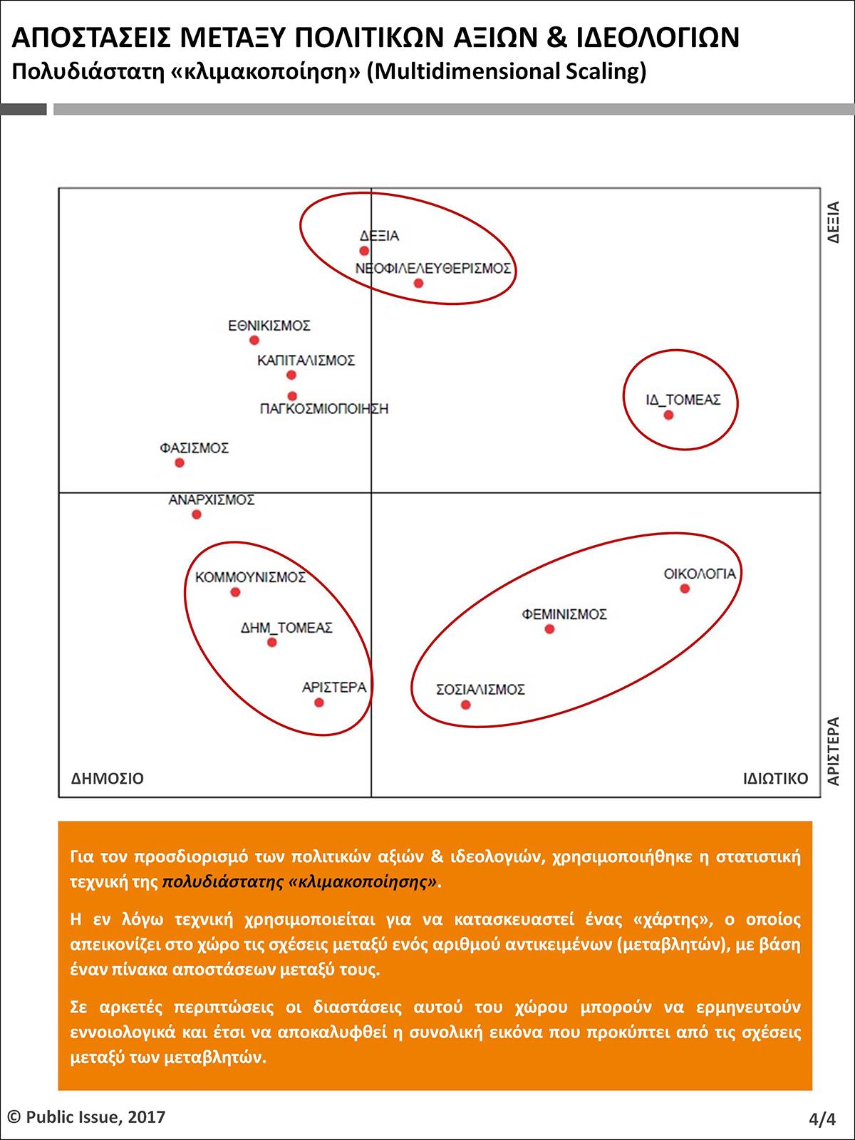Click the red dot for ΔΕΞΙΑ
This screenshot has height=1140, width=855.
[364, 251]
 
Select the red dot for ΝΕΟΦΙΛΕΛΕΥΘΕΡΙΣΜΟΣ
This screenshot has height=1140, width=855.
[418, 284]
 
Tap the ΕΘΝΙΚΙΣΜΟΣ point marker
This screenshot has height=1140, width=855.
[254, 340]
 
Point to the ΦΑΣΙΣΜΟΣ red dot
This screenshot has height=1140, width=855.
[180, 463]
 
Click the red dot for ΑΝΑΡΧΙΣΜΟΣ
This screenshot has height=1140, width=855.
[197, 514]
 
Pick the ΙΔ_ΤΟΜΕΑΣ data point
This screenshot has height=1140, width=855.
[668, 415]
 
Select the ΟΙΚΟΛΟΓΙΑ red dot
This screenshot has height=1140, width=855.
[685, 589]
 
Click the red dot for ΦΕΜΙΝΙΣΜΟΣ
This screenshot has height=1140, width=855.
[549, 629]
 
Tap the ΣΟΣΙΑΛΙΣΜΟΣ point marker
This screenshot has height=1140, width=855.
[465, 705]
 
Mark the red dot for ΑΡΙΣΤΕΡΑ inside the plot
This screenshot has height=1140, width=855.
[319, 703]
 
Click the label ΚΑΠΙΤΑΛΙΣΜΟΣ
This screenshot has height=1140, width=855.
[306, 361]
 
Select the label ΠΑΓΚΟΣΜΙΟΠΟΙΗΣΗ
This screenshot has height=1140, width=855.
[324, 409]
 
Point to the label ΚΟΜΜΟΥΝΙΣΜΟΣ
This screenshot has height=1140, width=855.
[250, 577]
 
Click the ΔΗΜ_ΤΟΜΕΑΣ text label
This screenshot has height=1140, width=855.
[286, 628]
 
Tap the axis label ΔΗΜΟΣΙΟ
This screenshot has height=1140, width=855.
[108, 779]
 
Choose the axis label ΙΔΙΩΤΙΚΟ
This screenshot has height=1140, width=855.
[775, 779]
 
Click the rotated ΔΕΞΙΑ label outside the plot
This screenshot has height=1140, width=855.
[834, 222]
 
